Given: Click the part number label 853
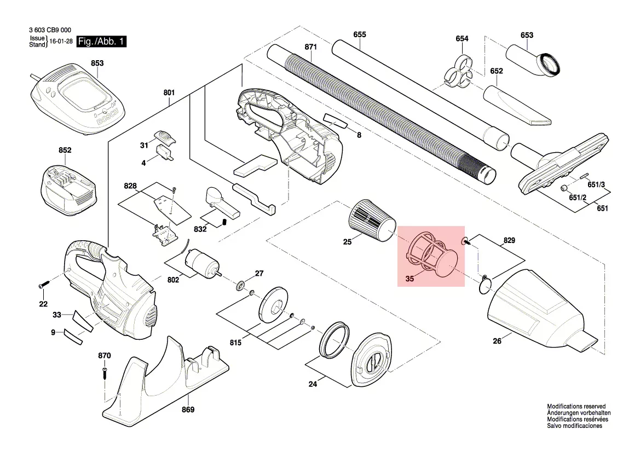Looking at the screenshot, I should click(97, 63).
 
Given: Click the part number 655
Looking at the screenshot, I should click(359, 34).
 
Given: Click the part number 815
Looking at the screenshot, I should click(235, 343).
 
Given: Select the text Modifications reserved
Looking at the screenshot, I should click(576, 407).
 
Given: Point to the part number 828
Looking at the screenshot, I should click(130, 187).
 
